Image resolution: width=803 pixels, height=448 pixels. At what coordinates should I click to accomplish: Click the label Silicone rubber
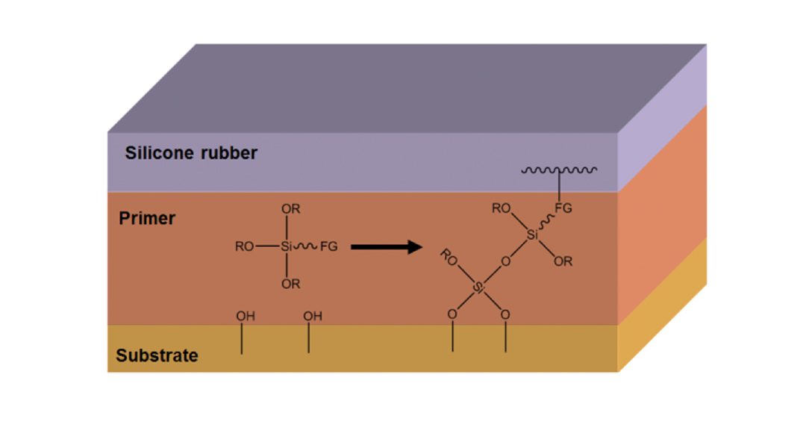191,153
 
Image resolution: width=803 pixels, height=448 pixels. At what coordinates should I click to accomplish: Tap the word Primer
147,219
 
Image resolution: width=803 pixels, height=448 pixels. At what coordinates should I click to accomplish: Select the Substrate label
157,355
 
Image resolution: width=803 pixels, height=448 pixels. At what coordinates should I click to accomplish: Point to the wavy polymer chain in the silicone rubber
559,170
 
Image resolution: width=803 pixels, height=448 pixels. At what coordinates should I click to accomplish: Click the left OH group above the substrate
246,317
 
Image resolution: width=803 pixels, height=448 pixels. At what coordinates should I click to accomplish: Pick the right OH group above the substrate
313,317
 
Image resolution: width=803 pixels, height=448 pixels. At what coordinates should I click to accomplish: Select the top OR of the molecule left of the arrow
291,210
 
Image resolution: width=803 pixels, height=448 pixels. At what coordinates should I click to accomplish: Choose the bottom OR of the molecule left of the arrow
291,284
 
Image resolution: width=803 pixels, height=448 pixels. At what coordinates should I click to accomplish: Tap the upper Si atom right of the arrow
532,235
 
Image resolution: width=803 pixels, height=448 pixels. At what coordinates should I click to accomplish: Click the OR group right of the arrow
563,262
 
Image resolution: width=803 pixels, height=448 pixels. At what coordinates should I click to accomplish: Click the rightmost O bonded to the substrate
505,314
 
